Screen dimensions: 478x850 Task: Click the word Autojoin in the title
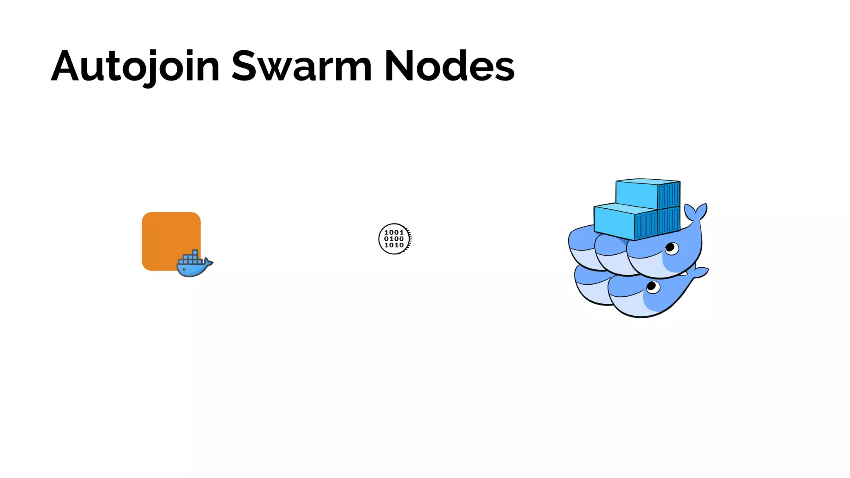click(x=135, y=66)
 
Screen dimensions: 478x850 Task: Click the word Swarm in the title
click(x=301, y=66)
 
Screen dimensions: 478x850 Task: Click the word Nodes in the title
click(x=449, y=66)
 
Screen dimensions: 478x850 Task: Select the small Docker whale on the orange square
click(x=193, y=266)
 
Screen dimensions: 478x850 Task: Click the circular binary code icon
click(x=395, y=239)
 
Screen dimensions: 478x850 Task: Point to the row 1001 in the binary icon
click(x=394, y=232)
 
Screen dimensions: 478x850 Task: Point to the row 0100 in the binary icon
click(x=394, y=239)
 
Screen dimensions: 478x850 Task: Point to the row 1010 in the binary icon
click(x=394, y=245)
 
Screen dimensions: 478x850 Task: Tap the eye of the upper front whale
click(x=671, y=249)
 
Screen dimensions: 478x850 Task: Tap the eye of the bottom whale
click(x=653, y=286)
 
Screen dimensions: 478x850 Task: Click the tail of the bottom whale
click(x=699, y=273)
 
